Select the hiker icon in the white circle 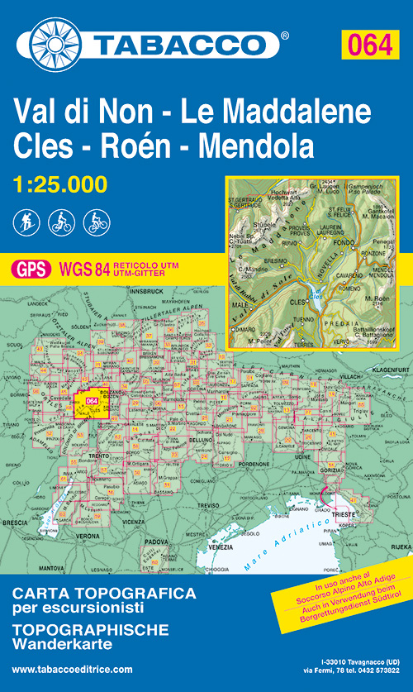[x=25, y=222]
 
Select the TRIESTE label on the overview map [x=344, y=513]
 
